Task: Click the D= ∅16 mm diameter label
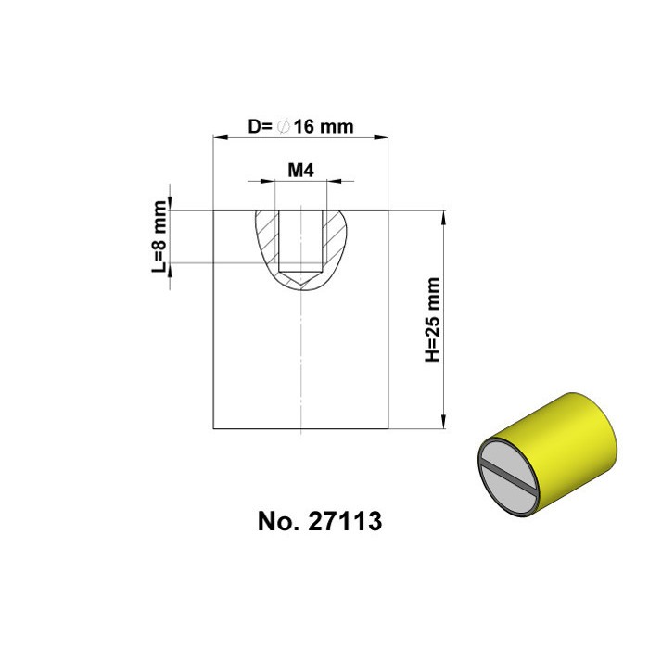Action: pyautogui.click(x=300, y=127)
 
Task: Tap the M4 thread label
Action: pyautogui.click(x=299, y=171)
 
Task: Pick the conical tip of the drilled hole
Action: pyautogui.click(x=299, y=277)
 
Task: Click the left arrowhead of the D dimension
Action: pyautogui.click(x=220, y=137)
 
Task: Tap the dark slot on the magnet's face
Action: pyautogui.click(x=510, y=476)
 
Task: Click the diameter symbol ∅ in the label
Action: pyautogui.click(x=283, y=127)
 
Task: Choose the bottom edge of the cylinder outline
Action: pyautogui.click(x=299, y=429)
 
